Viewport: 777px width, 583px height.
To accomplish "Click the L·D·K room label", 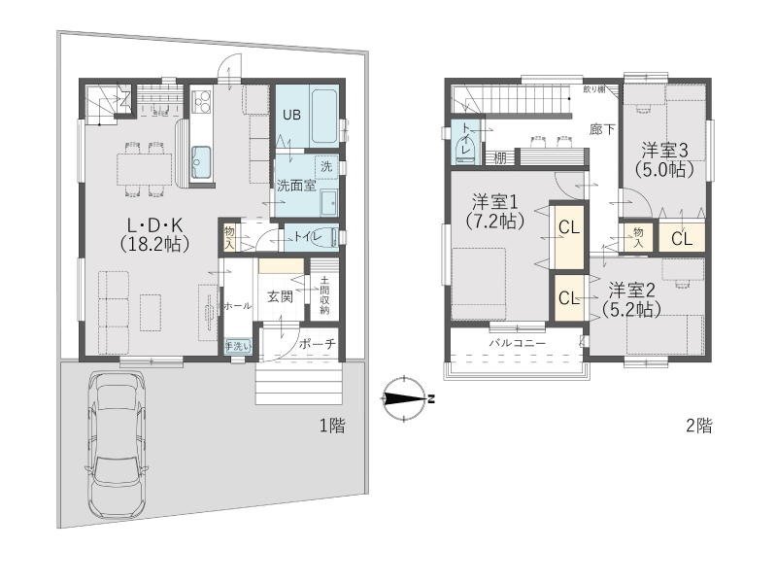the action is click(155, 226).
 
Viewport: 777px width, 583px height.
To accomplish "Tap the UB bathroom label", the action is click(291, 115).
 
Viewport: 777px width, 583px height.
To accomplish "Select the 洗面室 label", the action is click(296, 186).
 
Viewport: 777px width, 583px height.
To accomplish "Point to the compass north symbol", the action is click(404, 398).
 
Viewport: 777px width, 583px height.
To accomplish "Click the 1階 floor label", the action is click(331, 426).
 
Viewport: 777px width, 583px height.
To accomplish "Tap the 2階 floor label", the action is click(698, 426).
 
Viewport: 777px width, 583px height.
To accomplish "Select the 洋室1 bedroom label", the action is click(494, 202).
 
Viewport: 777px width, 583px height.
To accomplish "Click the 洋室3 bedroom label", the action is click(664, 150).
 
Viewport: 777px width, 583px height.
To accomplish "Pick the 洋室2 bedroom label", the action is click(632, 290).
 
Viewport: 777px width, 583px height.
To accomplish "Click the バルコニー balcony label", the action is click(518, 343).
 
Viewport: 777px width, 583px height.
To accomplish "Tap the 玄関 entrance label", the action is click(280, 296).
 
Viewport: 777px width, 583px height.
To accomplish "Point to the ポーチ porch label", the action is click(318, 344).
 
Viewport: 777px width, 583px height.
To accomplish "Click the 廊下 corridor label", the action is click(602, 130).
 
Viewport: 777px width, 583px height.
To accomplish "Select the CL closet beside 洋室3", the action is click(682, 239).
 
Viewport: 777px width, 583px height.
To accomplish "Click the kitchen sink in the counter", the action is click(201, 162).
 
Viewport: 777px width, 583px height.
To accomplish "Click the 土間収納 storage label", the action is click(324, 295).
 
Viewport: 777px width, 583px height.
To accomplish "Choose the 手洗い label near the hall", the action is click(238, 346).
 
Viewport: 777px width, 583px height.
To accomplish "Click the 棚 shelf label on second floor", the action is click(500, 158).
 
